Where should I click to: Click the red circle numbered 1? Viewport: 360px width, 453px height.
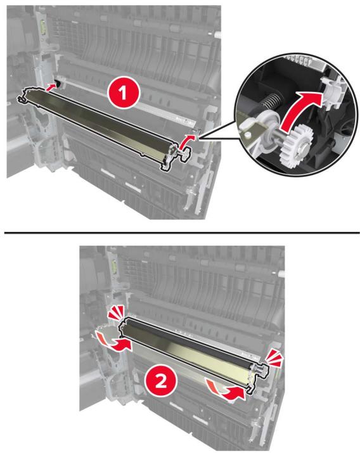[124, 93]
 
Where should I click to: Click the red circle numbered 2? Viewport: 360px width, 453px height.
[161, 383]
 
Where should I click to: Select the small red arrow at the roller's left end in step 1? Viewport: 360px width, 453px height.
[51, 86]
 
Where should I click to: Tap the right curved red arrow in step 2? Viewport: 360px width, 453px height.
[228, 389]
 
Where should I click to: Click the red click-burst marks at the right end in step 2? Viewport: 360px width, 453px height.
[274, 359]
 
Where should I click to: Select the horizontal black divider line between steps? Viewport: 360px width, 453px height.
[182, 232]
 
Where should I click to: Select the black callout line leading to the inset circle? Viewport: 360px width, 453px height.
[219, 133]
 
